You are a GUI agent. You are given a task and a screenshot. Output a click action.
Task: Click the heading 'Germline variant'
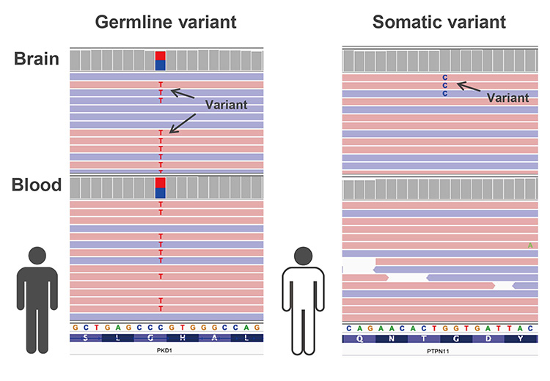click(166, 22)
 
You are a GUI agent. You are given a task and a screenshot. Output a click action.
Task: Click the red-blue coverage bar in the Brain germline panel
click(161, 60)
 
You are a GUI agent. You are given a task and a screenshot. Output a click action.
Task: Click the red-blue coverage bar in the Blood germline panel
click(161, 188)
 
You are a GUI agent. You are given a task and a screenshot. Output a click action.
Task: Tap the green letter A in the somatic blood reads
click(530, 245)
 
